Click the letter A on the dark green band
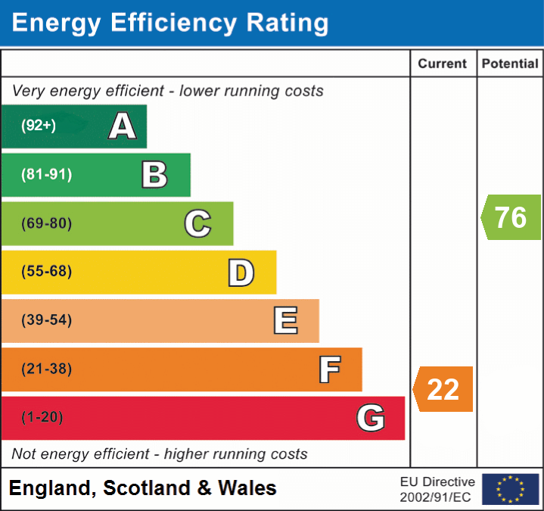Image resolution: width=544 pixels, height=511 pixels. (122, 126)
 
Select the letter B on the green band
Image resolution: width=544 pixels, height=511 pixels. (154, 175)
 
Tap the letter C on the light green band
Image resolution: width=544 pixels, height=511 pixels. (197, 223)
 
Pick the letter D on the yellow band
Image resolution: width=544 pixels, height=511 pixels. (241, 273)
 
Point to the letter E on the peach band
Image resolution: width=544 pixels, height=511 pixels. (284, 321)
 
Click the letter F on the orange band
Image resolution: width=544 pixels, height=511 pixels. (328, 370)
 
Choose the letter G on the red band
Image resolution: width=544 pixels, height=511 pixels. (371, 418)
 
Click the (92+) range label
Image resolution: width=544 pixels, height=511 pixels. (39, 126)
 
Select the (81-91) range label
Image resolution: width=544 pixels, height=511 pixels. (46, 175)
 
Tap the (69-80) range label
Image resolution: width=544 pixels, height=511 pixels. (46, 223)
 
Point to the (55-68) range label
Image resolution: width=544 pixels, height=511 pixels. (46, 272)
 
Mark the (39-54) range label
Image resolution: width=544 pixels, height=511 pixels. (46, 320)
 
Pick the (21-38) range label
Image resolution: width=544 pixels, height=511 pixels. (46, 369)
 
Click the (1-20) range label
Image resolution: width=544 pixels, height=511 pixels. (42, 418)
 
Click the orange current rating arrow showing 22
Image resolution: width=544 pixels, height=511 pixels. (443, 389)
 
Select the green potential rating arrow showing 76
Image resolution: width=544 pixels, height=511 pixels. (511, 217)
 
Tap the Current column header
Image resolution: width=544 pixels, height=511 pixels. (443, 64)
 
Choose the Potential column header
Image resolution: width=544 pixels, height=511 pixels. (510, 64)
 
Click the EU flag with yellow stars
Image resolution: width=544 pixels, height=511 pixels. (510, 489)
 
